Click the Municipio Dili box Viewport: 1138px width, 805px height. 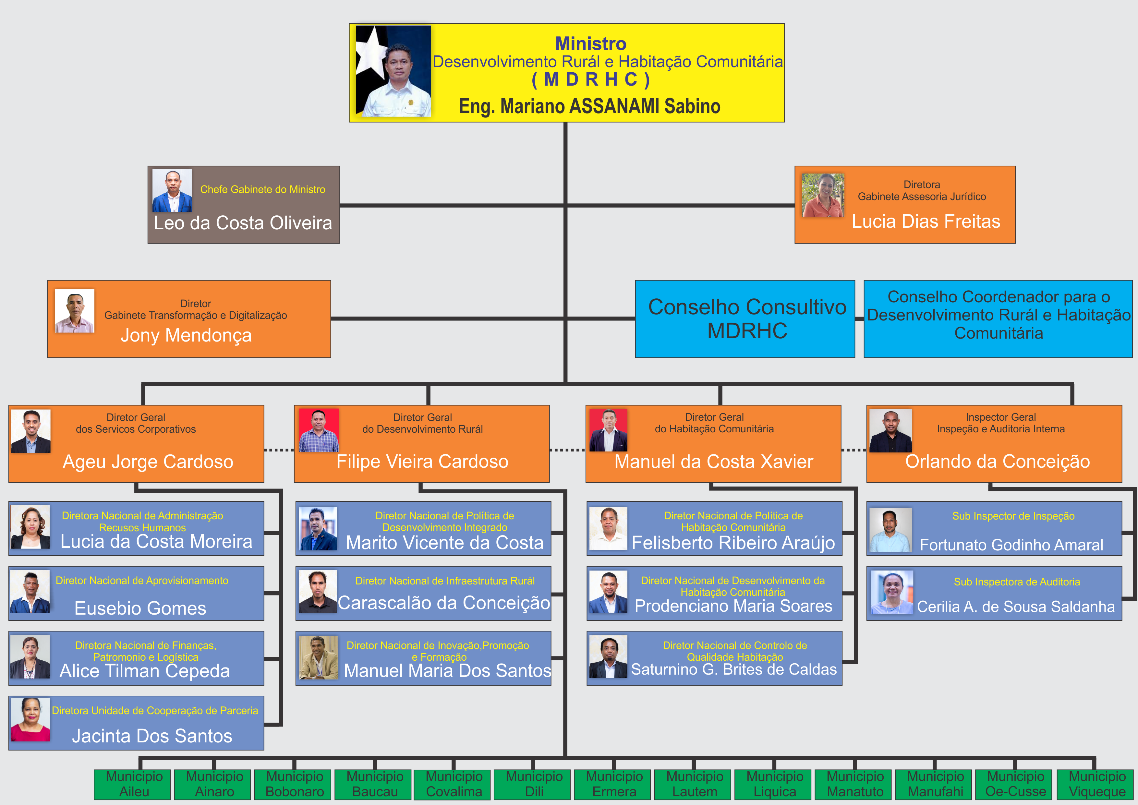(534, 784)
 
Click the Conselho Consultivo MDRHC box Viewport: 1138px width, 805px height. (745, 319)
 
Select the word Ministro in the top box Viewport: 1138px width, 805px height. (590, 43)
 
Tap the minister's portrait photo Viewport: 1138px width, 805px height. (393, 71)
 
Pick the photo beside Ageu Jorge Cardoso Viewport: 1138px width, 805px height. (31, 431)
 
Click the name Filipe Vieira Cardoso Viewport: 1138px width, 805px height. (422, 462)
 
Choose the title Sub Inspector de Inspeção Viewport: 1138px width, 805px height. (1013, 516)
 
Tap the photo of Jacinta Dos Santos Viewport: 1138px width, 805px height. (30, 720)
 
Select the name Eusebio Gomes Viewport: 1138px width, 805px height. (140, 608)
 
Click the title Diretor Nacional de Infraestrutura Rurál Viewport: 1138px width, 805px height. (445, 581)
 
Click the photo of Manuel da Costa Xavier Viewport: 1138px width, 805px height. (608, 430)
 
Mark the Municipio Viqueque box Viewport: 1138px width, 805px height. (1097, 784)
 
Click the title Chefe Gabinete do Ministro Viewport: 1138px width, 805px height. (263, 189)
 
